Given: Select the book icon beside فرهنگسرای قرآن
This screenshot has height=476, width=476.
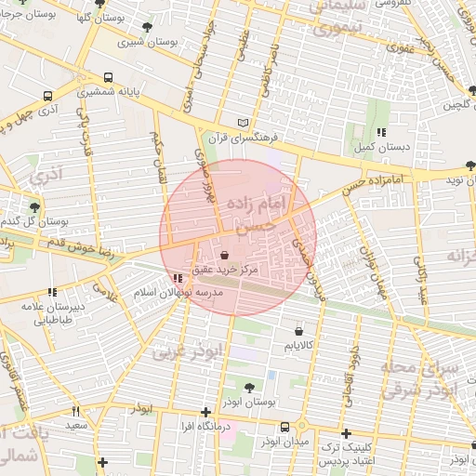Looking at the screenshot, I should pos(244,123).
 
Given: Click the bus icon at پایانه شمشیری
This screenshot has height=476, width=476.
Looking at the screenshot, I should pos(110,78).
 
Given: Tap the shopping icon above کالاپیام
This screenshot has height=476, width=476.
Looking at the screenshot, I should pos(297,330).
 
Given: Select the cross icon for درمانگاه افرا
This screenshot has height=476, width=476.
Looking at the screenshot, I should pos(205,412).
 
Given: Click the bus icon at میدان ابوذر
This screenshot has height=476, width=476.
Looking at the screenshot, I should pos(284,427).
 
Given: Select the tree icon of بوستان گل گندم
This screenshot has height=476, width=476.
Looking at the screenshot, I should pos(34,207).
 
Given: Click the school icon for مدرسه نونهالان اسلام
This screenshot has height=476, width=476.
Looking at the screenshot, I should pos(178,278).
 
